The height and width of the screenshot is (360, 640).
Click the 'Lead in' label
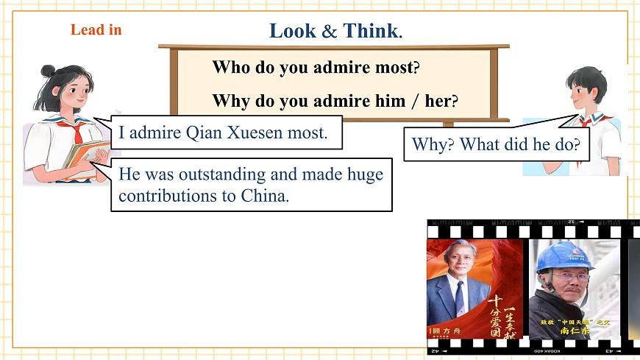[x=96, y=30]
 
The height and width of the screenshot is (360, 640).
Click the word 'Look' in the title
[x=292, y=31]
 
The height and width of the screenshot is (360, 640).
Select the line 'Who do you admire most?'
[x=316, y=68]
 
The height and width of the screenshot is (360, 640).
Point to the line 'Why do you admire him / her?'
[x=335, y=101]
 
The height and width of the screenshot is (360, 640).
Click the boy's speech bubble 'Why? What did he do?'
[x=496, y=144]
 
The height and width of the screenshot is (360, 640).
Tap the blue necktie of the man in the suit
[x=460, y=297]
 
